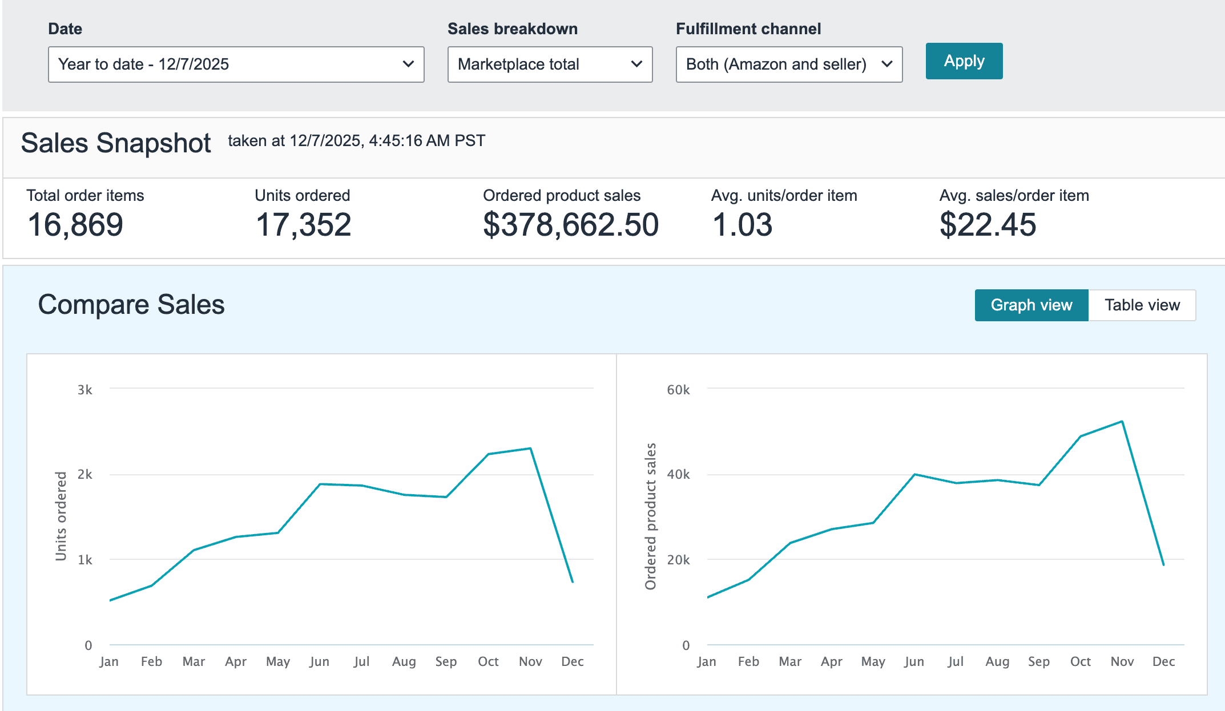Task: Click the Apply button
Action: pyautogui.click(x=964, y=61)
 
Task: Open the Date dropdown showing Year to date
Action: pyautogui.click(x=236, y=64)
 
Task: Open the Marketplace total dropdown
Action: pyautogui.click(x=550, y=64)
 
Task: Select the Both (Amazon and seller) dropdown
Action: pyautogui.click(x=789, y=64)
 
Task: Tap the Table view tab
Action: pyautogui.click(x=1142, y=305)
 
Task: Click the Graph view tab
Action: pyautogui.click(x=1031, y=305)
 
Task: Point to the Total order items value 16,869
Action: pyautogui.click(x=75, y=225)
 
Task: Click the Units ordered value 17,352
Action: pyautogui.click(x=303, y=225)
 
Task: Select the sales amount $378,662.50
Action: pyautogui.click(x=571, y=225)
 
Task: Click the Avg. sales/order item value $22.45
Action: pyautogui.click(x=988, y=225)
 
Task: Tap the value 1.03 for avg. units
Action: pyautogui.click(x=742, y=225)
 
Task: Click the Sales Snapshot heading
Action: pyautogui.click(x=116, y=143)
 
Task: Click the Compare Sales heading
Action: pyautogui.click(x=131, y=305)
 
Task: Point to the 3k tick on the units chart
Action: pyautogui.click(x=85, y=390)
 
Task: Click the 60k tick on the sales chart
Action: pyautogui.click(x=678, y=390)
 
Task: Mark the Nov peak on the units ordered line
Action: pyautogui.click(x=530, y=449)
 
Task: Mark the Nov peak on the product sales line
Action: pyautogui.click(x=1122, y=422)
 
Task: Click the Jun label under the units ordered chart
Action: pyautogui.click(x=320, y=661)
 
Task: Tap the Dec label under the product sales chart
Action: pyautogui.click(x=1163, y=661)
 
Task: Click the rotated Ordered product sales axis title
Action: pyautogui.click(x=651, y=516)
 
